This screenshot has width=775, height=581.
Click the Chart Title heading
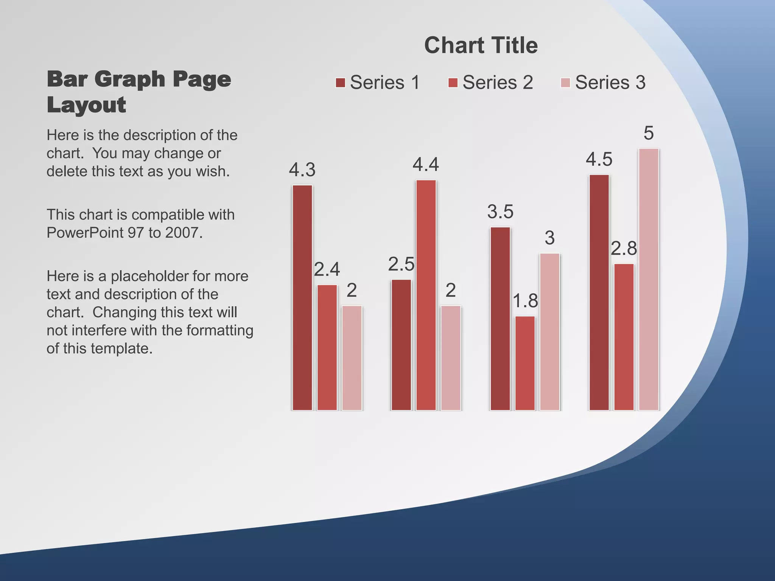pos(481,45)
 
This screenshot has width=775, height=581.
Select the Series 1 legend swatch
pos(340,82)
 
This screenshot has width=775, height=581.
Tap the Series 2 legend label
pos(497,82)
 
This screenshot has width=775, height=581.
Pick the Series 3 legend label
pos(610,82)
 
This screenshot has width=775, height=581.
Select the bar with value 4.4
pos(426,295)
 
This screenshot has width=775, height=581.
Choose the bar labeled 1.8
pos(525,363)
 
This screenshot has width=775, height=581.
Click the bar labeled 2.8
pos(624,337)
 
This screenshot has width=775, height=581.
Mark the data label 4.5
pos(599,160)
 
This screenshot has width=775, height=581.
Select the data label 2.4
pos(327,269)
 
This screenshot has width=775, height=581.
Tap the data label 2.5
pos(401,264)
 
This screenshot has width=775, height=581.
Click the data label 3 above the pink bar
pos(549,238)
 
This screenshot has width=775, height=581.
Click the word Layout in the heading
pos(86,105)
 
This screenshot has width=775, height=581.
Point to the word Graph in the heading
pos(130,79)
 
